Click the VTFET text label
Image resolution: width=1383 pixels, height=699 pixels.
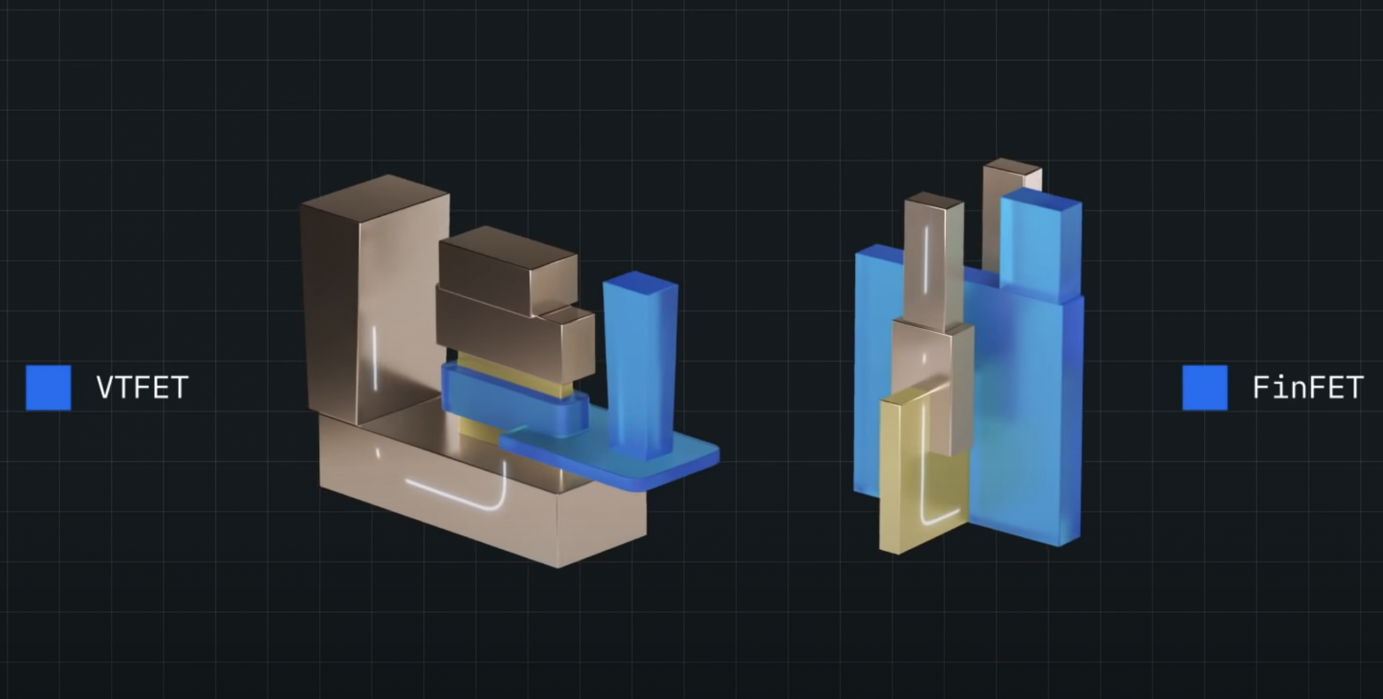(x=142, y=388)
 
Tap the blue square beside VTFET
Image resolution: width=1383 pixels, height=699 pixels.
(x=48, y=388)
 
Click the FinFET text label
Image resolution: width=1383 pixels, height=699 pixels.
(x=1307, y=388)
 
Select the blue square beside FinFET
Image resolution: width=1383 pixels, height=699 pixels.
(x=1204, y=388)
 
